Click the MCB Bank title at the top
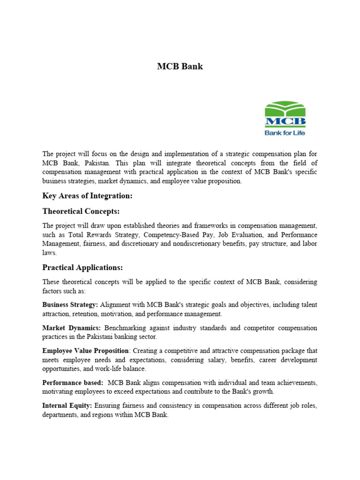point(180,67)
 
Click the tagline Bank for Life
point(285,132)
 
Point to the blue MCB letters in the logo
point(285,122)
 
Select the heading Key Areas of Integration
point(87,196)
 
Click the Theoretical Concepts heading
point(81,211)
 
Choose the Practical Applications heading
point(82,267)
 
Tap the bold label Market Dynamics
point(71,328)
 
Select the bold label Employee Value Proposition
point(85,351)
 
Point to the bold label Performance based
point(73,383)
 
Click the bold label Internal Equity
point(67,405)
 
